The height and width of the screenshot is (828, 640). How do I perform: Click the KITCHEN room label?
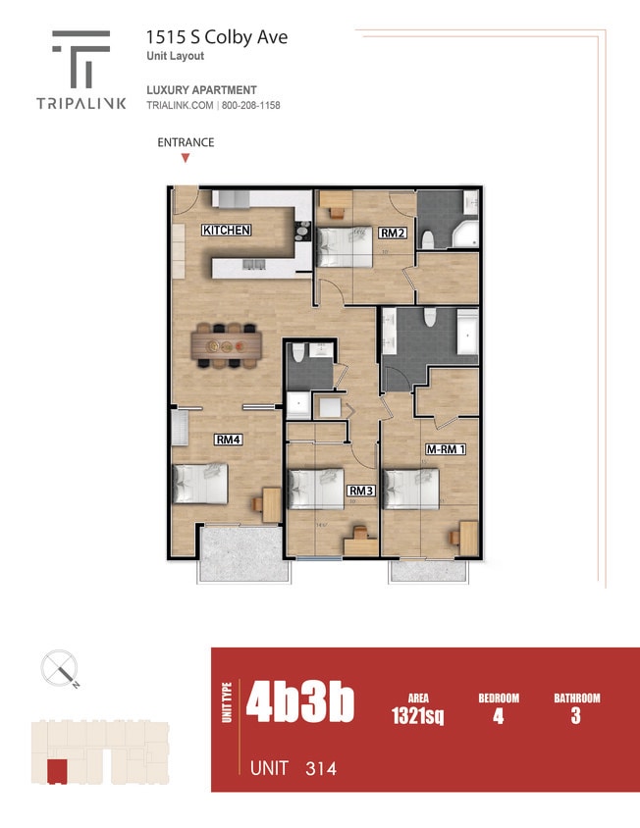[227, 231]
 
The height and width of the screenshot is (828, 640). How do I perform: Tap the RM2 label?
[394, 233]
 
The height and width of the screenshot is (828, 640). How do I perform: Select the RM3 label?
[361, 491]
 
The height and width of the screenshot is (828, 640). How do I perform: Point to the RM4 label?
[230, 440]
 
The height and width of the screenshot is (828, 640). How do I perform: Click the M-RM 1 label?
[445, 449]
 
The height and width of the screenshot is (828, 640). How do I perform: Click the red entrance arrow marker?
[185, 157]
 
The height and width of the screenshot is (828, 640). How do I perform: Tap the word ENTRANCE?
[186, 142]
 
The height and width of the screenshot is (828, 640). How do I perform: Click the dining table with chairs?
[228, 345]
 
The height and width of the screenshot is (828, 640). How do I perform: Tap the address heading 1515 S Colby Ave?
[217, 37]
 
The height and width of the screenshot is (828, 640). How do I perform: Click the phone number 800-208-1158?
[251, 105]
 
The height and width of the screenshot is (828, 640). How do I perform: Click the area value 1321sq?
[417, 716]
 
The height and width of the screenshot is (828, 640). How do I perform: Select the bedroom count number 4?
[499, 716]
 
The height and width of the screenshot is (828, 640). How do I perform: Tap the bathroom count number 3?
[575, 716]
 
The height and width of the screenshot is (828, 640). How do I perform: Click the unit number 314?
[320, 768]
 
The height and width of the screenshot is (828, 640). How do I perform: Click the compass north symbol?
[59, 670]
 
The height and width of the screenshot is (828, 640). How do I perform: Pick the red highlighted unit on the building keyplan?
[58, 771]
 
